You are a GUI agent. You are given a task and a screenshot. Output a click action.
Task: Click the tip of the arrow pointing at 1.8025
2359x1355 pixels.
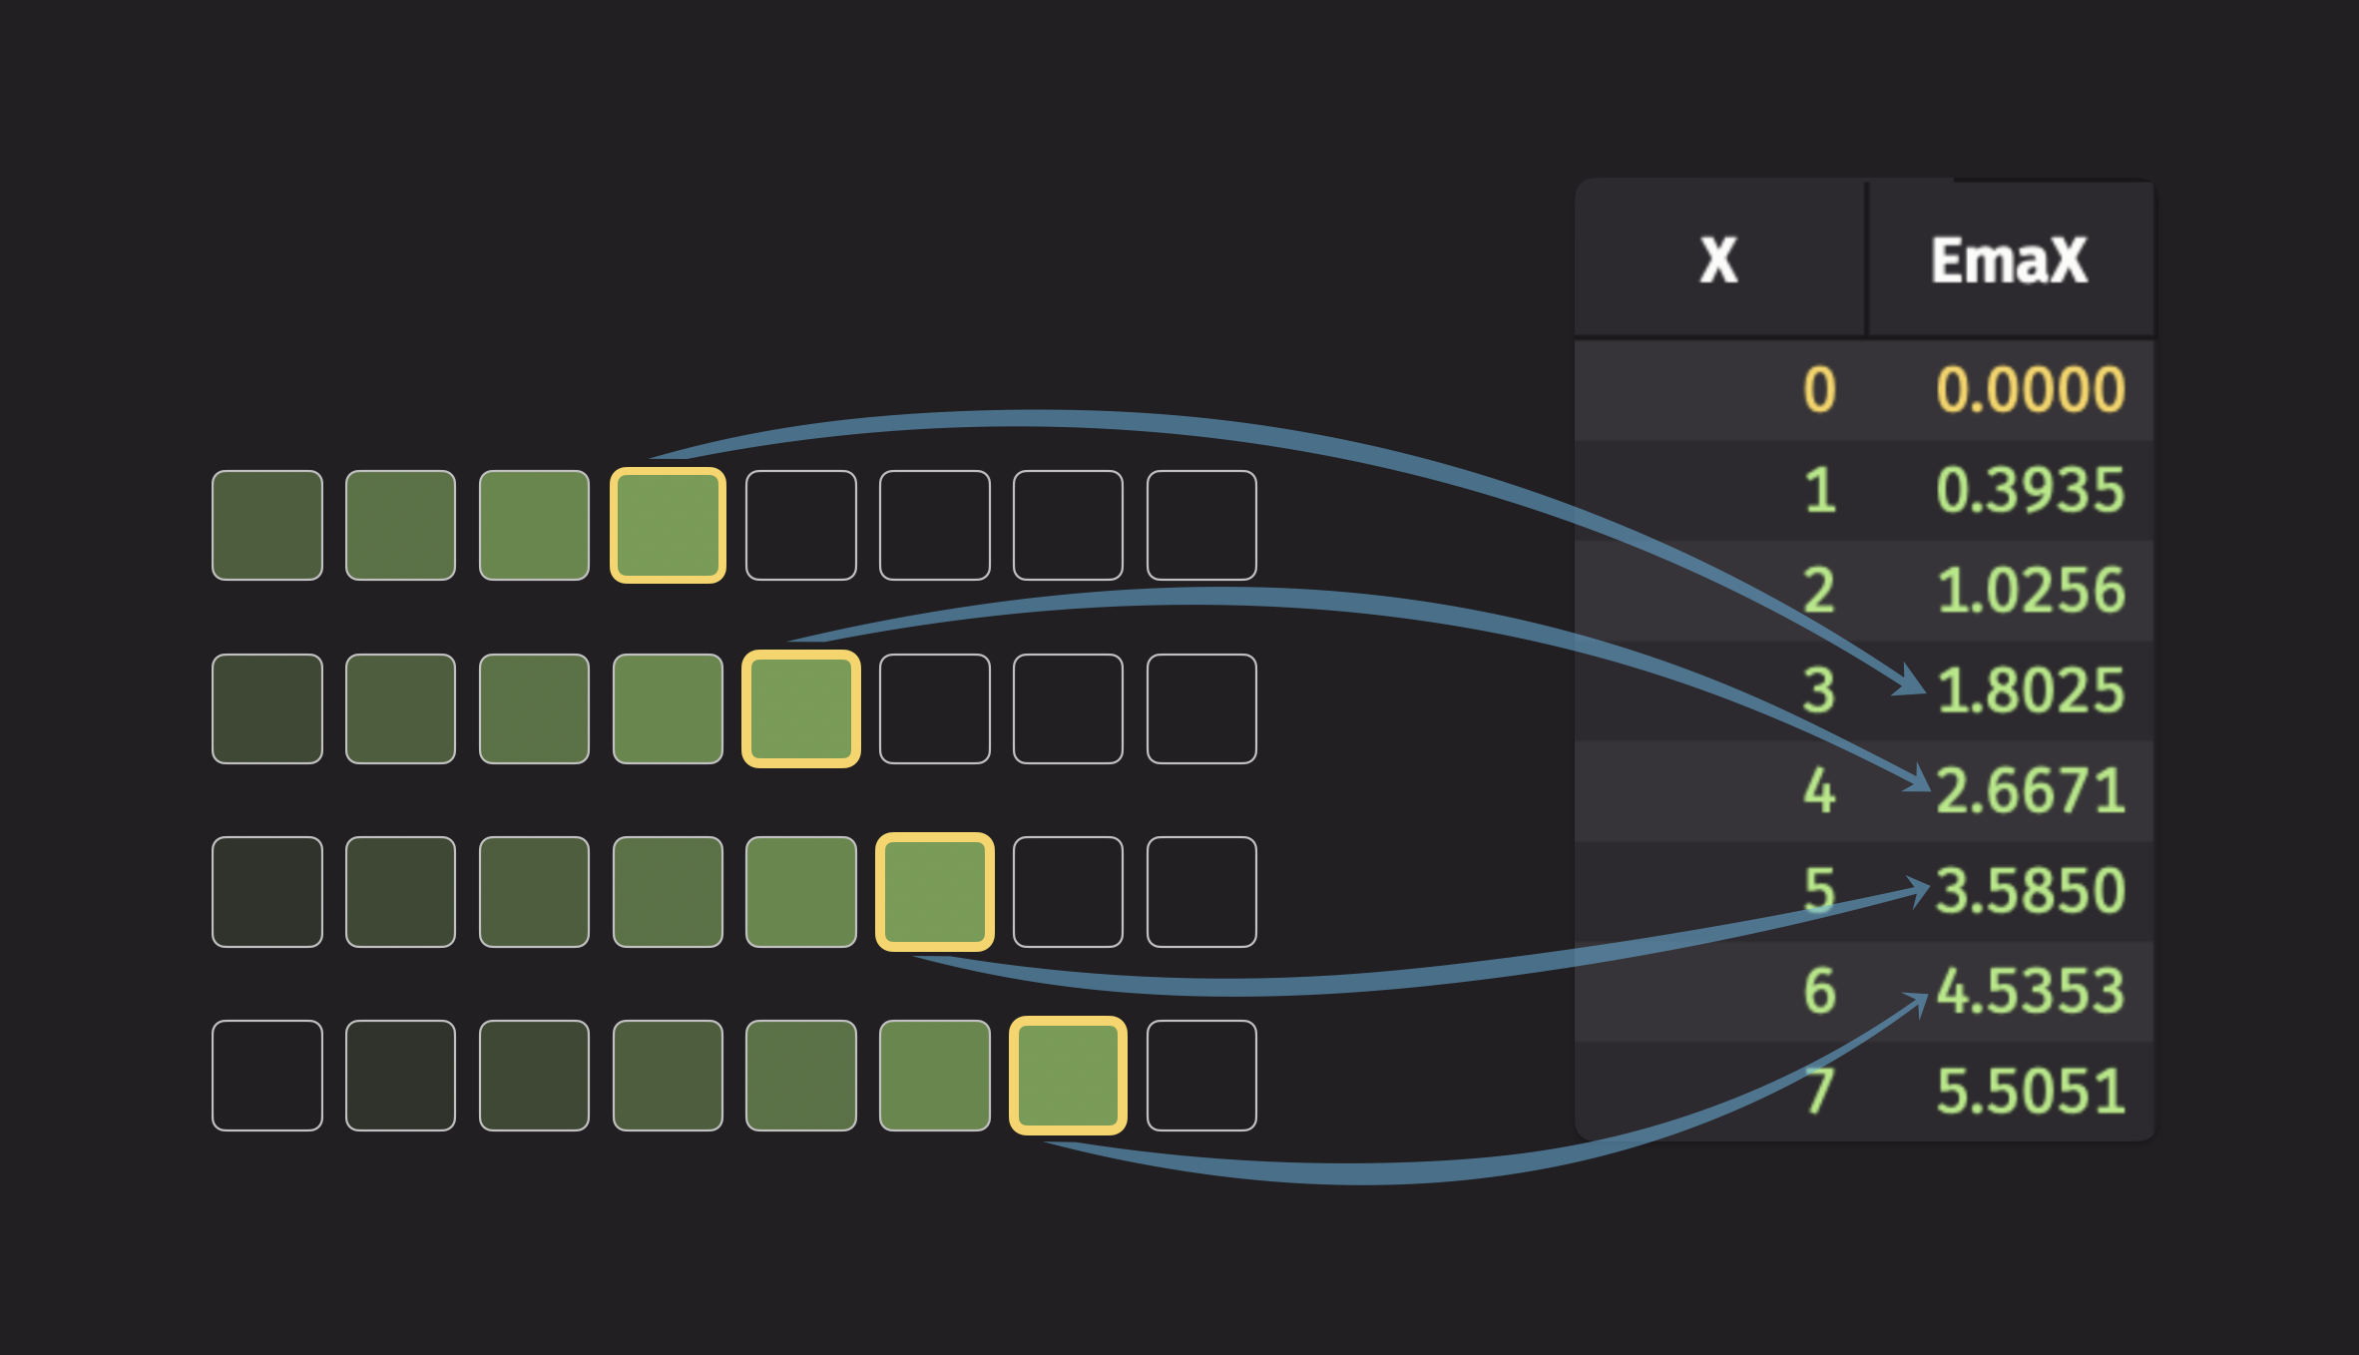(1926, 692)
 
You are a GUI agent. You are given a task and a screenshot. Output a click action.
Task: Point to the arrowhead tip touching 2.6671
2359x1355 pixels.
(1930, 790)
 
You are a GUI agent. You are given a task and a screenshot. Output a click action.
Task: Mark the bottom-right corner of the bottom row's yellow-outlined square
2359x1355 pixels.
(1127, 1134)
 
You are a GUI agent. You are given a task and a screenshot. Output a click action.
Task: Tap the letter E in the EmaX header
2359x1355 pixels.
(1948, 261)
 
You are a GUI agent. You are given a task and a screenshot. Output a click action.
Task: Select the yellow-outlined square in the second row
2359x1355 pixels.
(801, 708)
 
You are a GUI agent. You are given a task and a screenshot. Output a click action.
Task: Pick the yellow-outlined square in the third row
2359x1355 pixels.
(935, 892)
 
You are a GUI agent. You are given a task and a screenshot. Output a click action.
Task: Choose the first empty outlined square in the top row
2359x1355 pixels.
(801, 525)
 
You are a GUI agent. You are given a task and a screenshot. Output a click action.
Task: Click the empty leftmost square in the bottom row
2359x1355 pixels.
(267, 1076)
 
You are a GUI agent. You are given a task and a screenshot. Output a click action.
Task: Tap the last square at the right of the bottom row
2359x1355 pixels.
(1201, 1076)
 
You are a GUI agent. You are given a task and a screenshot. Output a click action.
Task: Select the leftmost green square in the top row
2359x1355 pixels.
(267, 525)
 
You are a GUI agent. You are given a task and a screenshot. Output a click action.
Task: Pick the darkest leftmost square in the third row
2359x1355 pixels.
(267, 892)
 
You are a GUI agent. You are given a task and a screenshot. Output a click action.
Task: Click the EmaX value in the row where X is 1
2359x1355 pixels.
(2031, 491)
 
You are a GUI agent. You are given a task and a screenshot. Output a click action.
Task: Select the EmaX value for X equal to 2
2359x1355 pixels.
(2031, 591)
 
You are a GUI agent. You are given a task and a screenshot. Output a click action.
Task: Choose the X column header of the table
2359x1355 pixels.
(1718, 261)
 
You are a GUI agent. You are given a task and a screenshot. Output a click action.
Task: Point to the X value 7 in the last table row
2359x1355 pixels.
(1820, 1091)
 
